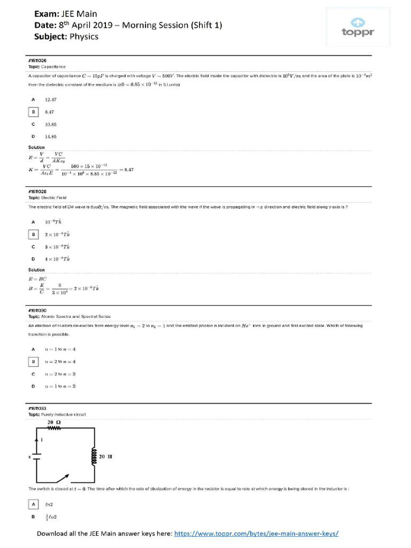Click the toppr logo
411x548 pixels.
[358, 27]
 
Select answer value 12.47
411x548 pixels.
[51, 100]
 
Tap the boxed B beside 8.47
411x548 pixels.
[33, 111]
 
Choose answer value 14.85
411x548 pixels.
[51, 136]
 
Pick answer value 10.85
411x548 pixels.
[51, 124]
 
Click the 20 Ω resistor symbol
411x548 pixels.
[55, 428]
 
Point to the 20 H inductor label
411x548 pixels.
[105, 456]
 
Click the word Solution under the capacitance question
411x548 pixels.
[36, 147]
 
